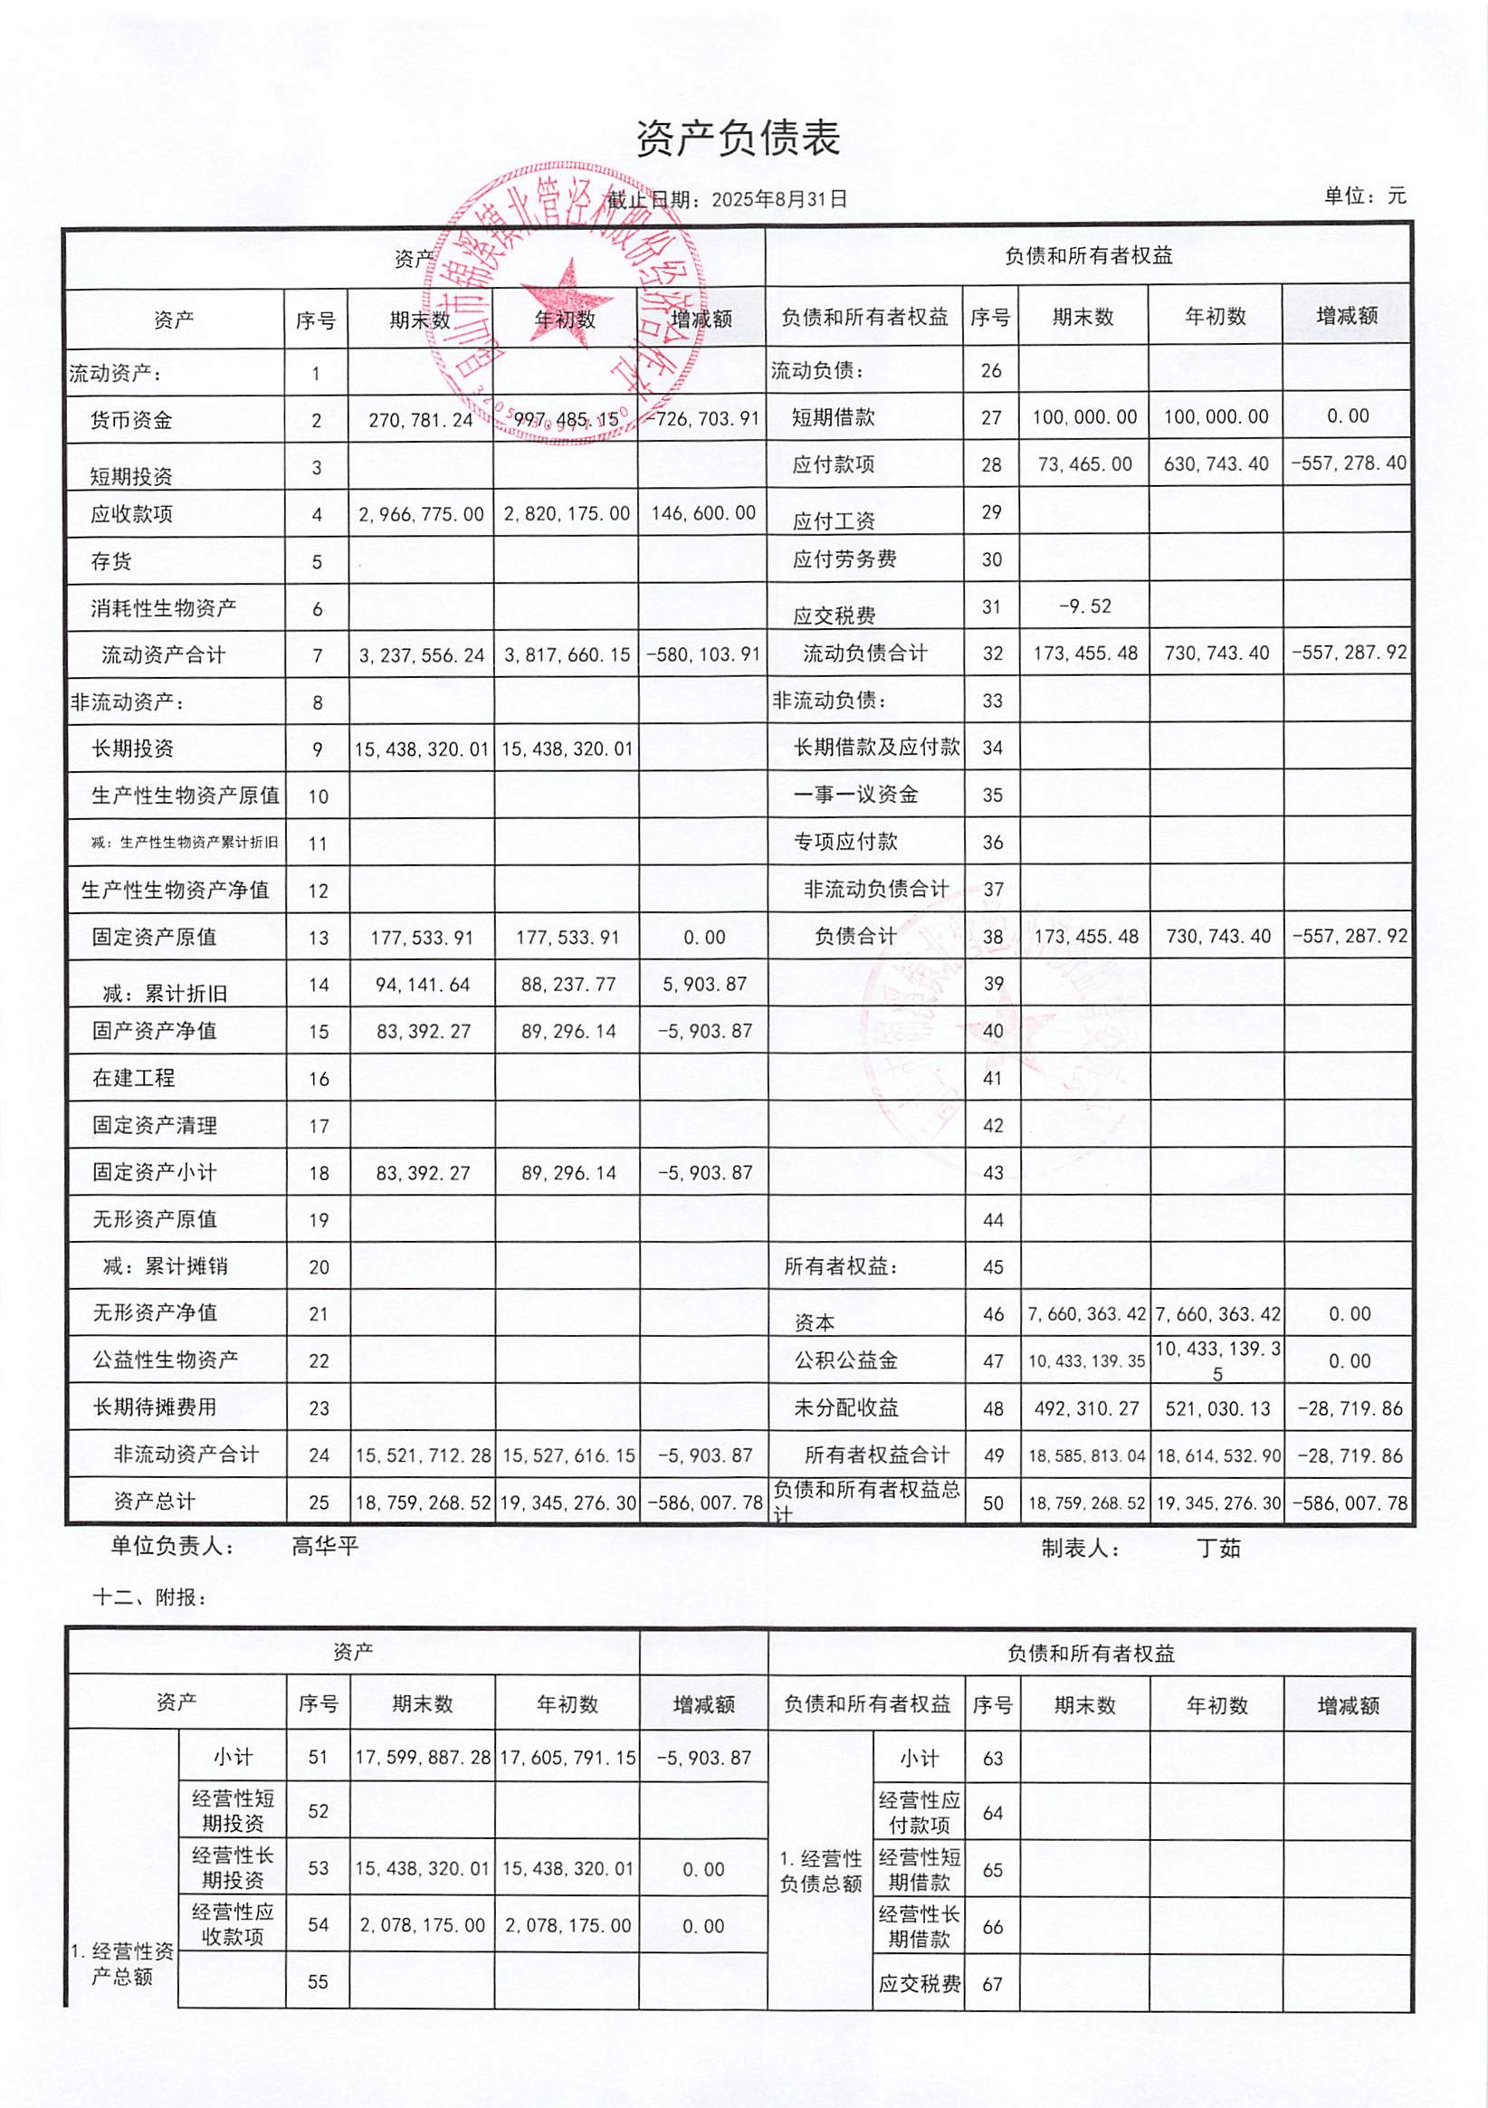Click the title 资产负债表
click(738, 139)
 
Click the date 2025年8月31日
click(778, 199)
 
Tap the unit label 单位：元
click(1364, 196)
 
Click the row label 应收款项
click(131, 514)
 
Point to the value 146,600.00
click(703, 513)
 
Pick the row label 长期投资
click(133, 749)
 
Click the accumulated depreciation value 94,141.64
click(423, 984)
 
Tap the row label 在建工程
click(133, 1078)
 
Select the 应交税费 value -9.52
click(1084, 606)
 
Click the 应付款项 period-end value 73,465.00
click(1084, 463)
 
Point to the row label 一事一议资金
click(855, 794)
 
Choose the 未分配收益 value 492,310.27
click(1086, 1407)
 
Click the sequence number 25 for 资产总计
click(318, 1502)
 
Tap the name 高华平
click(325, 1546)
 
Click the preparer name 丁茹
click(1218, 1549)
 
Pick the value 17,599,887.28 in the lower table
click(423, 1758)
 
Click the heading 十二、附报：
click(150, 1598)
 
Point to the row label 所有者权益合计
click(877, 1455)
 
